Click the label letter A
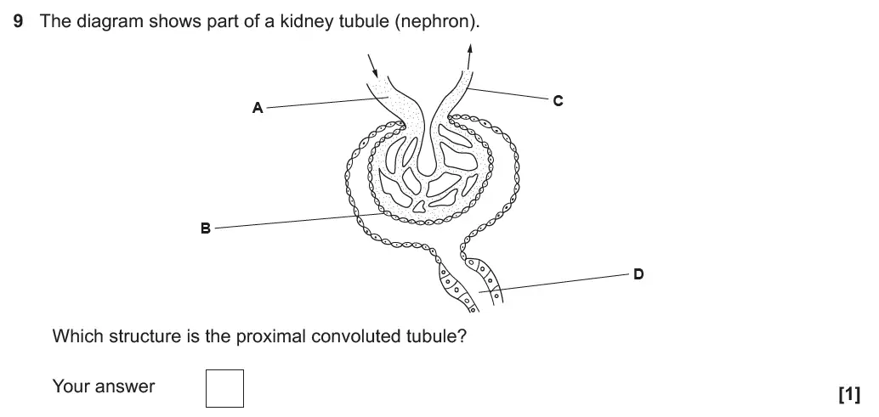(257, 108)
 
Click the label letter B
(204, 228)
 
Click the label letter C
(558, 100)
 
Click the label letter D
(638, 273)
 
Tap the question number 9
(18, 21)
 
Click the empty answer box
(224, 387)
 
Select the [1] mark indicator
(848, 394)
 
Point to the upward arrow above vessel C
(469, 59)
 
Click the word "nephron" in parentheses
(434, 21)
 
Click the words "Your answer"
(104, 386)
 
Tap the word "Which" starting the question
(76, 335)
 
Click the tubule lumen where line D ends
(481, 292)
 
